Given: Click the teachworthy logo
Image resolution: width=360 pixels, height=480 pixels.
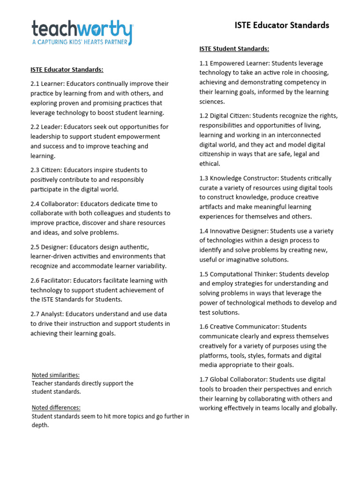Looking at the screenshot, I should tap(82, 29).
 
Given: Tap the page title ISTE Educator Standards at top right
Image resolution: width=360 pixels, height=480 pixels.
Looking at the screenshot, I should tap(282, 25).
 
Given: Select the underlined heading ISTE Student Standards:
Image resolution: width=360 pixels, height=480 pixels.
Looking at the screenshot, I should tap(234, 49).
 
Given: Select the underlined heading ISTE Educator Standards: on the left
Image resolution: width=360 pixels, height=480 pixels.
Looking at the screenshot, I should tap(67, 69).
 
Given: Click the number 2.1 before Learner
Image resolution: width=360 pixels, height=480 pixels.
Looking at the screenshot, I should tap(36, 84).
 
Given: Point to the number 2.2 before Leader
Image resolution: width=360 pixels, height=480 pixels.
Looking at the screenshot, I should tap(36, 127).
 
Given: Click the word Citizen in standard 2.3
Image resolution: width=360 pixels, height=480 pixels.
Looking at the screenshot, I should tap(51, 170).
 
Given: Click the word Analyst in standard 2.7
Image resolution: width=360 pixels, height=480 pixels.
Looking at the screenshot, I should tap(52, 314).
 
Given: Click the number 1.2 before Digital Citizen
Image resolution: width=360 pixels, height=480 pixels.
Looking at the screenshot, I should tap(204, 116).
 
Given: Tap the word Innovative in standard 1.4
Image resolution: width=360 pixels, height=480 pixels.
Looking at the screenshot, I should tap(225, 231).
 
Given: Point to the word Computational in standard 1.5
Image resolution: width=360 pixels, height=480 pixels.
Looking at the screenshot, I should tap(233, 274).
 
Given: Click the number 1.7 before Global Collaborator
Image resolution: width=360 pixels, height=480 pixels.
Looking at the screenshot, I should tap(204, 379).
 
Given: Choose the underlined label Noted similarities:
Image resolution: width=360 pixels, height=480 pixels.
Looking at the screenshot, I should tap(55, 375).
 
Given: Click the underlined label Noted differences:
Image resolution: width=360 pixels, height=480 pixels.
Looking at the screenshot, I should tap(56, 407).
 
